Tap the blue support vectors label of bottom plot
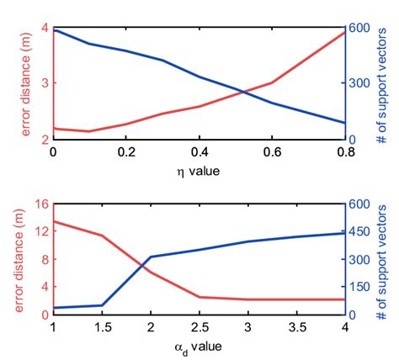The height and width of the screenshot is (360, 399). coord(384,258)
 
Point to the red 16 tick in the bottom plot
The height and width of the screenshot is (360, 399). coord(39,203)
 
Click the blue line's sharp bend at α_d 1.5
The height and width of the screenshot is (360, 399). coord(102,305)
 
